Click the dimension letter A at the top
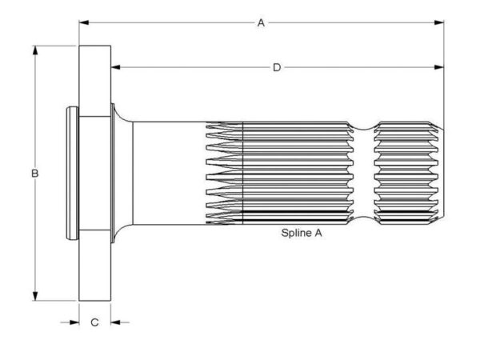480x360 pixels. pyautogui.click(x=261, y=22)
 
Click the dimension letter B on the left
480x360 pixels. pyautogui.click(x=35, y=174)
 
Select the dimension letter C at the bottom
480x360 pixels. pyautogui.click(x=95, y=322)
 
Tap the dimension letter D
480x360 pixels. pyautogui.click(x=277, y=67)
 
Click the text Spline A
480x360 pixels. pyautogui.click(x=302, y=233)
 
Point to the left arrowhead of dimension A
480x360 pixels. pyautogui.click(x=84, y=22)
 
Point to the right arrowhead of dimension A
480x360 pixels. pyautogui.click(x=439, y=22)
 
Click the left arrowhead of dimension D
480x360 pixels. pyautogui.click(x=116, y=67)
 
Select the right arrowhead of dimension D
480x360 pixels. pyautogui.click(x=439, y=67)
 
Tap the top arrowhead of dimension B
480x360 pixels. pyautogui.click(x=35, y=51)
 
